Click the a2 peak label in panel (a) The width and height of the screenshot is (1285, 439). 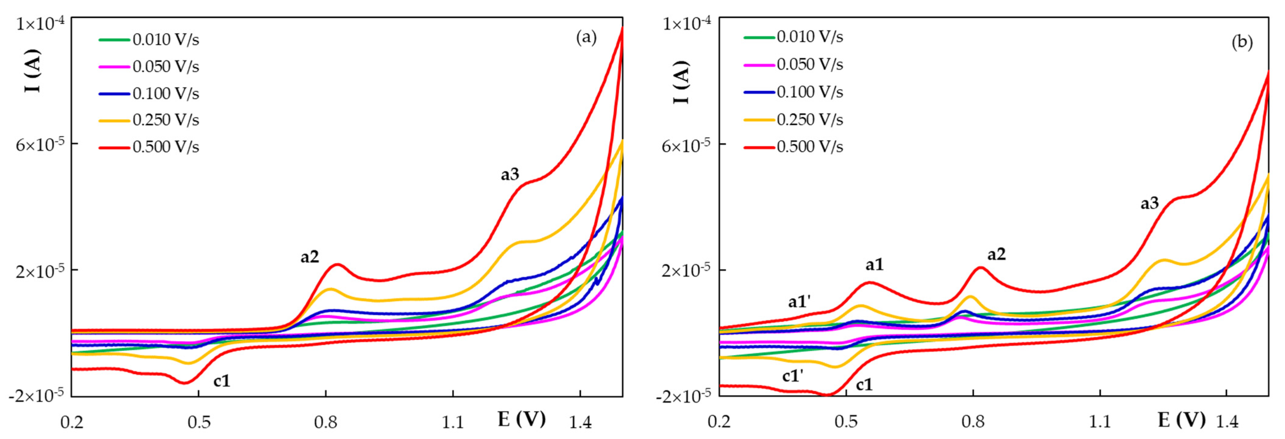309,257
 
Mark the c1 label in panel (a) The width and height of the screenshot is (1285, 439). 222,381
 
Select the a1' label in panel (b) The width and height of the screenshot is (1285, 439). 799,301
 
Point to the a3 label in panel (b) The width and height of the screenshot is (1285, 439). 1150,203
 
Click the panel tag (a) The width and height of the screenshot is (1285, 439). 586,38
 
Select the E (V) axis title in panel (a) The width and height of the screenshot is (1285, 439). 521,419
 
